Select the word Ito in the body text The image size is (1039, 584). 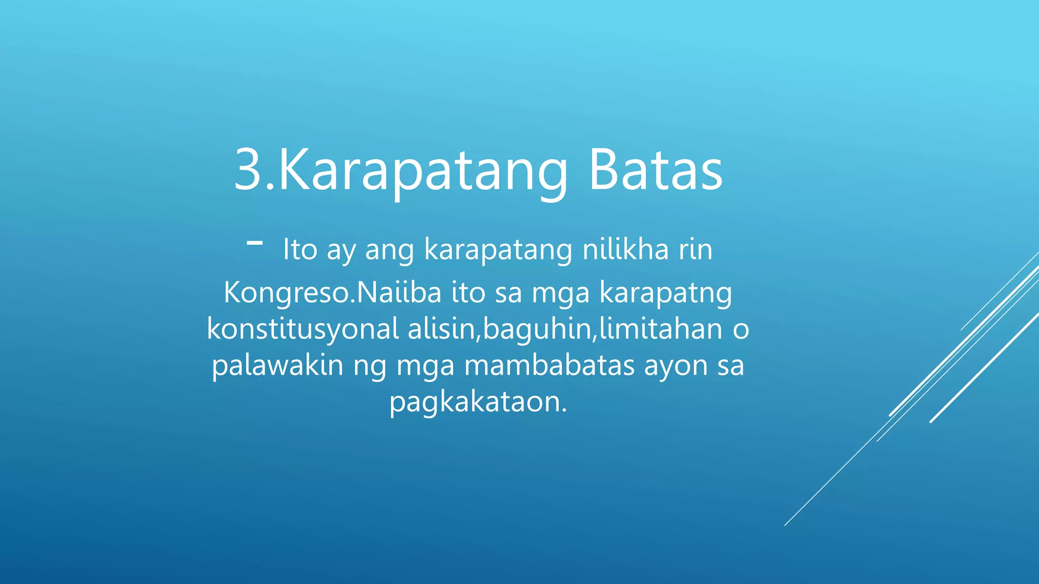click(300, 249)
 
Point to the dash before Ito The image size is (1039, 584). click(255, 243)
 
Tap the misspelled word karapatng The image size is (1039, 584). click(666, 293)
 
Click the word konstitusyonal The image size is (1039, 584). click(303, 329)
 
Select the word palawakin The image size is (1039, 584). click(278, 365)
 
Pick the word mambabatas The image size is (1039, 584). click(549, 365)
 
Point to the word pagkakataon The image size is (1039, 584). click(477, 402)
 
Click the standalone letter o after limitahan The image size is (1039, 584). click(741, 330)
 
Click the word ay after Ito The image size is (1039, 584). click(341, 250)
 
